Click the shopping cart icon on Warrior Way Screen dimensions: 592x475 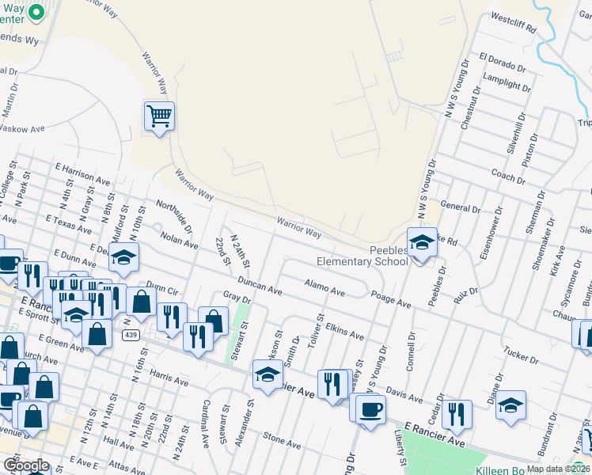(159, 116)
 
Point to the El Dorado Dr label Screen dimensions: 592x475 (502, 63)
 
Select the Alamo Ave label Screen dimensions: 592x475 (324, 287)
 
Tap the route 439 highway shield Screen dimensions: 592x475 (131, 336)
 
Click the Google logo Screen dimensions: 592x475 (26, 465)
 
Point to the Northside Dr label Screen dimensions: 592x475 (173, 215)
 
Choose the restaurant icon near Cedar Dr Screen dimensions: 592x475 (457, 413)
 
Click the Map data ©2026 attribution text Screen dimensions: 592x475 (557, 469)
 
